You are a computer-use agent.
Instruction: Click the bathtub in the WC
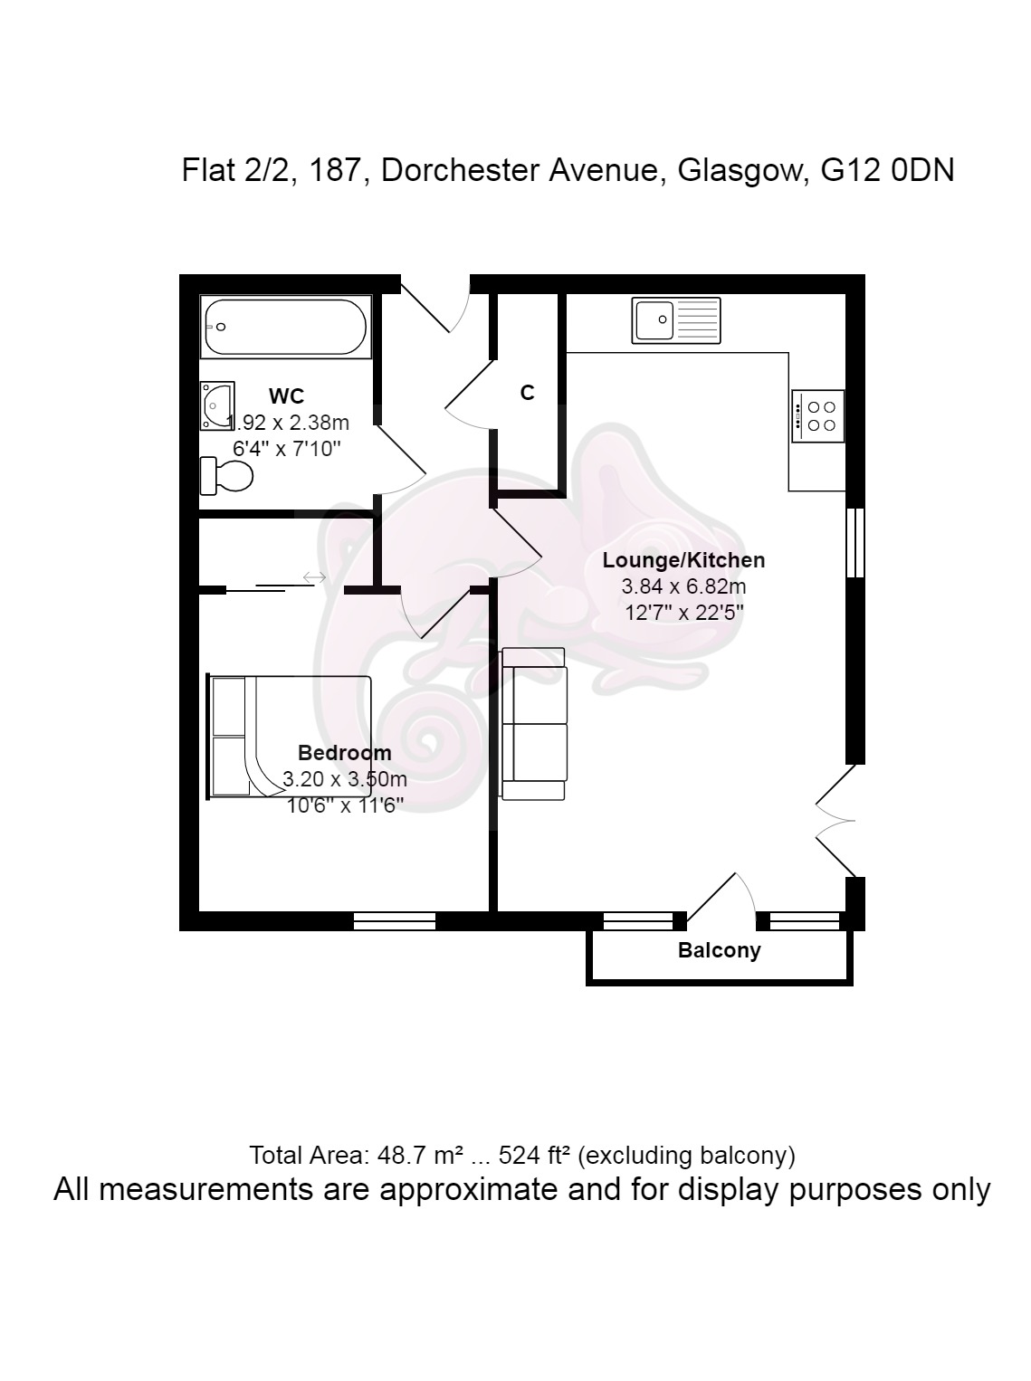tap(286, 327)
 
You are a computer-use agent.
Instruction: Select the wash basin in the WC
tap(217, 405)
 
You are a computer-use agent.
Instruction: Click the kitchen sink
tap(675, 320)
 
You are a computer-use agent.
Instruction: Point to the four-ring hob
tap(817, 416)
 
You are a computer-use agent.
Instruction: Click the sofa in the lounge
tap(533, 723)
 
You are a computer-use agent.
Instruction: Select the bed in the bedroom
tap(290, 737)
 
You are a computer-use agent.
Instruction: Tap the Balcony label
tap(719, 949)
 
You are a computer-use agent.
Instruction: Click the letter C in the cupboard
tap(527, 392)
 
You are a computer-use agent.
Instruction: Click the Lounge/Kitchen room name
tap(683, 560)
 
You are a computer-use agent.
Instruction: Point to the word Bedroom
tap(344, 752)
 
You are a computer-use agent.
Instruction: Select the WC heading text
tap(286, 395)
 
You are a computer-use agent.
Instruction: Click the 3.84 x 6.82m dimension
tap(683, 586)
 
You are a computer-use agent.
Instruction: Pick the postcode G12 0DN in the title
tap(888, 170)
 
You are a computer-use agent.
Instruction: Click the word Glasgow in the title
tap(740, 171)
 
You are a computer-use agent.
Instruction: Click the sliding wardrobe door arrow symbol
tap(314, 577)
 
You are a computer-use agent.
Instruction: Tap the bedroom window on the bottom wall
tap(395, 921)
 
